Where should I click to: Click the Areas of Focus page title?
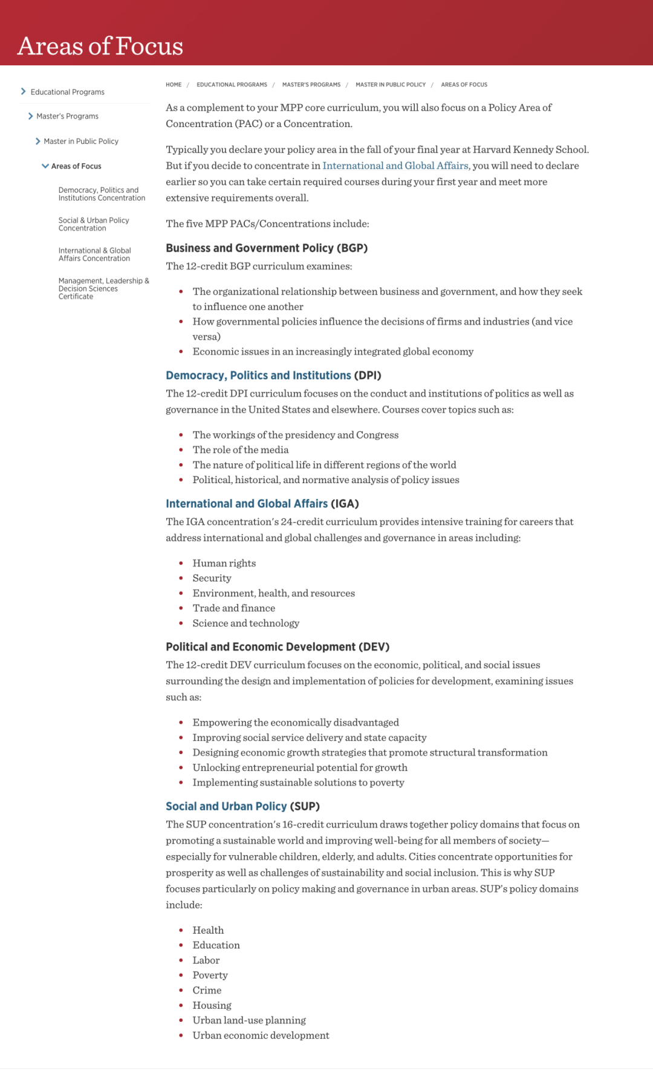click(x=100, y=46)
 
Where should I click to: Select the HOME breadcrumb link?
click(x=174, y=85)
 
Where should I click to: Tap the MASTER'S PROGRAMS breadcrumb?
click(x=311, y=85)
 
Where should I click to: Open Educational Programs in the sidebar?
click(x=67, y=92)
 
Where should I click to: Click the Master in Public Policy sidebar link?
click(x=81, y=142)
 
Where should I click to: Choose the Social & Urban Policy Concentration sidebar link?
click(x=94, y=224)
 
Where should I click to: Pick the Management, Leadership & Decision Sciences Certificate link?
click(x=103, y=288)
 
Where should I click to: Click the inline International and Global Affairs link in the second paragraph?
click(x=395, y=166)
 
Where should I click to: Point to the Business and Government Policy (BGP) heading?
click(x=267, y=248)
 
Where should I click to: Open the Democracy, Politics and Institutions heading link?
click(x=258, y=376)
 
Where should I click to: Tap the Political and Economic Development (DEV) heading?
click(x=278, y=647)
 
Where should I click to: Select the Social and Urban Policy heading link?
click(x=226, y=807)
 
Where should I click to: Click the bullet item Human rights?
click(x=224, y=564)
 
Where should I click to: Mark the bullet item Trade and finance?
click(x=234, y=608)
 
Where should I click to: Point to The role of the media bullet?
click(x=241, y=450)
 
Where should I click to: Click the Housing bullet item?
click(x=212, y=1006)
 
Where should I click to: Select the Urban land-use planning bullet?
click(x=249, y=1021)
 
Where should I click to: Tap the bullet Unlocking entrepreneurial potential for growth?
click(x=300, y=768)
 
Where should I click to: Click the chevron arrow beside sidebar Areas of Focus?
click(x=45, y=166)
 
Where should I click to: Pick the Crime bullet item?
click(x=207, y=991)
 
